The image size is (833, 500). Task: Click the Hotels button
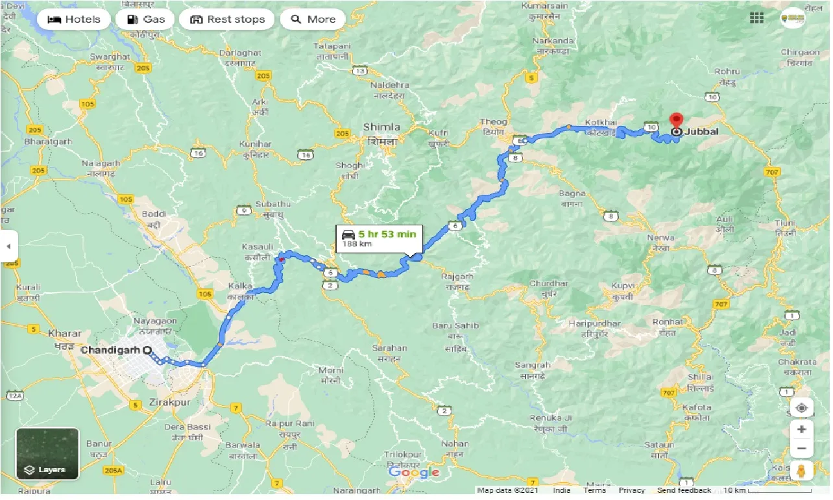[73, 19]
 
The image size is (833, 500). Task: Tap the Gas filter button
[145, 19]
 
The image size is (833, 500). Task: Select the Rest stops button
[226, 19]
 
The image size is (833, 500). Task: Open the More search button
[313, 19]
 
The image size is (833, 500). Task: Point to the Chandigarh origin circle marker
[147, 350]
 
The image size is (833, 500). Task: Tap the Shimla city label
[381, 127]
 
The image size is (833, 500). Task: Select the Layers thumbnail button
[47, 453]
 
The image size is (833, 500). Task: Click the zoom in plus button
[802, 429]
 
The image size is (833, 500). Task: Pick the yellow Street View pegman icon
[802, 471]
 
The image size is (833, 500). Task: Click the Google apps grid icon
[756, 18]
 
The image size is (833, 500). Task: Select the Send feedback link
[684, 490]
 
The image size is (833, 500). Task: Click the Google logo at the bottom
[414, 472]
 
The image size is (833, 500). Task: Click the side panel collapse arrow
[8, 247]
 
